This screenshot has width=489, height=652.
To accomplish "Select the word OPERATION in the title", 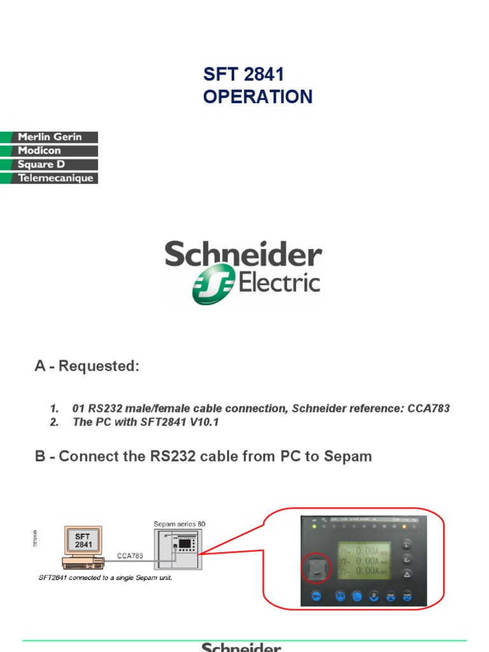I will [x=258, y=97].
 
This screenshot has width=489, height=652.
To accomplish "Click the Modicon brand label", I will [x=39, y=151].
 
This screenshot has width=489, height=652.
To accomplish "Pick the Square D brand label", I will [x=41, y=164].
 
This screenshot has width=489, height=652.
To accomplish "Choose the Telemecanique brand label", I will [x=56, y=178].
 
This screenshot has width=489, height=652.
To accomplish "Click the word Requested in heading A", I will [x=98, y=367].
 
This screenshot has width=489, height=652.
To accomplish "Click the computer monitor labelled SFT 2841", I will [x=83, y=541].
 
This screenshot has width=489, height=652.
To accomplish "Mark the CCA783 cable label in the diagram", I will [x=130, y=555].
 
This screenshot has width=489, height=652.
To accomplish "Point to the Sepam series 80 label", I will [x=180, y=524].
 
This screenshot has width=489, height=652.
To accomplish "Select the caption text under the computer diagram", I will [x=106, y=578].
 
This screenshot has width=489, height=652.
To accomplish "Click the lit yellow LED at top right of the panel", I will [x=404, y=527].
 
